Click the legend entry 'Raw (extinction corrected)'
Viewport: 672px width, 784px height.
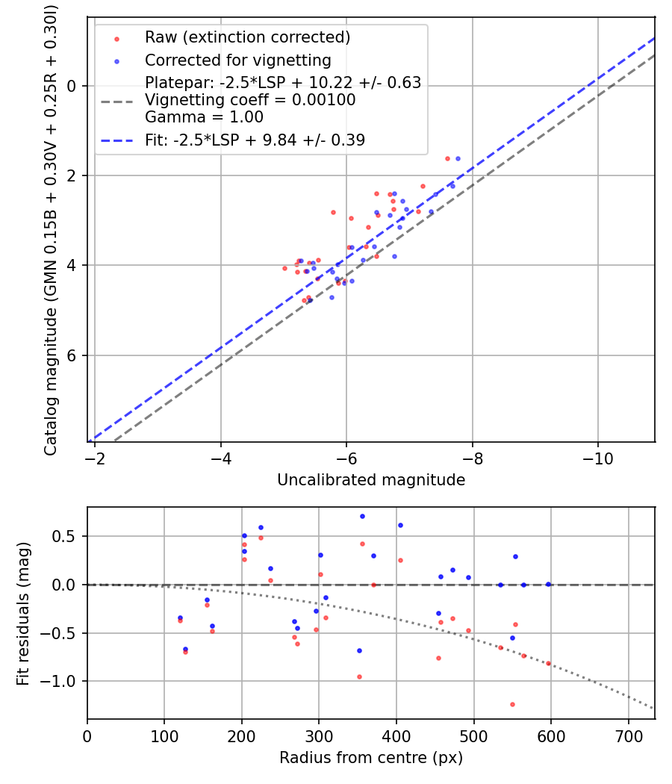coord(247,37)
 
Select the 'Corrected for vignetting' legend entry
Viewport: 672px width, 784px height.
coord(237,60)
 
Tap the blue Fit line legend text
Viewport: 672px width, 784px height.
coord(255,140)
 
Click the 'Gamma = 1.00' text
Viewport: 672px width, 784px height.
coord(204,116)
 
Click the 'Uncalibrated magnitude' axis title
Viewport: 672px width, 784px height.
coord(371,480)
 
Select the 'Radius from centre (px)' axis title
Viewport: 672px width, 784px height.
coord(371,758)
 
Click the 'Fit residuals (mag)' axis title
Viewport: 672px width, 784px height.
coord(23,613)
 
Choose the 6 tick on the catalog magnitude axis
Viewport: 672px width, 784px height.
coord(72,355)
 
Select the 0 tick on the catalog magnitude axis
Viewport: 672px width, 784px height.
coord(72,86)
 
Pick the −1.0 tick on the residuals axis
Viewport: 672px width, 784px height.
coord(63,681)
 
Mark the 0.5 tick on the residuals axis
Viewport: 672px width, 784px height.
coord(67,536)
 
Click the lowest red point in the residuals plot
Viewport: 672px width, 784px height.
coord(512,704)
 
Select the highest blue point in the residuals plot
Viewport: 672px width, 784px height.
coord(362,516)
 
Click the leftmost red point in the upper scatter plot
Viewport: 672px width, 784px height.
coord(284,268)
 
